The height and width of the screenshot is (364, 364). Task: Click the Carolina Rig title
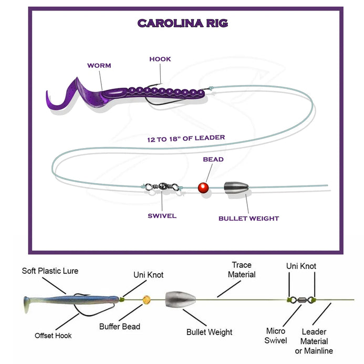(182, 23)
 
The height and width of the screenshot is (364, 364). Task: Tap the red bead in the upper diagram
(204, 187)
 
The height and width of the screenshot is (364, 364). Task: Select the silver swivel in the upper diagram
(163, 186)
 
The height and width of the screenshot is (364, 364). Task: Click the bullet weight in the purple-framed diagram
(235, 188)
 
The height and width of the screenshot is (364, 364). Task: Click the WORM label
(99, 66)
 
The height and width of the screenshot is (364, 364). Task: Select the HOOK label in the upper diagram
(160, 59)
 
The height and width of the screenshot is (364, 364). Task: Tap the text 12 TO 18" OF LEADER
(186, 139)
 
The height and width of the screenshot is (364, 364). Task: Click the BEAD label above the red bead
(213, 159)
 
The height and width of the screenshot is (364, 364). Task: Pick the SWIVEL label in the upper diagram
(162, 215)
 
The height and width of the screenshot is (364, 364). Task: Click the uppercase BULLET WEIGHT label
(248, 218)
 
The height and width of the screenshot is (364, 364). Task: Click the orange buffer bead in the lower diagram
(147, 300)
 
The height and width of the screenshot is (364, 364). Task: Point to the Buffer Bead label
(120, 327)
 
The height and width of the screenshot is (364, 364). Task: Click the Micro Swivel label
(276, 336)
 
